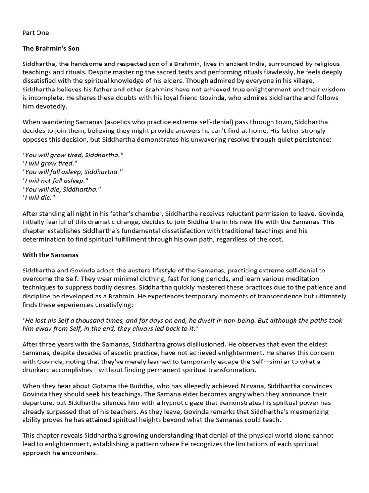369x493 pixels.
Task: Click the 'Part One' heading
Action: (36, 33)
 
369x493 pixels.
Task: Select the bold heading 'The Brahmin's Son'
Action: (51, 48)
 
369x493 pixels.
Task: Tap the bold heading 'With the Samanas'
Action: (50, 255)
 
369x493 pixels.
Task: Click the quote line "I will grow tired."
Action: (49, 163)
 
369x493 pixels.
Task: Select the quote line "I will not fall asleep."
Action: (55, 181)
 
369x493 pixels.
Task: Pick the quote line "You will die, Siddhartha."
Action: (62, 189)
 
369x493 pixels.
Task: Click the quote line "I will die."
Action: (39, 198)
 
